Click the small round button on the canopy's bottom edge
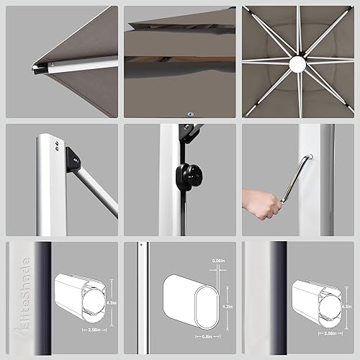click(190, 112)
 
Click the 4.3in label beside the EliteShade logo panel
click(107, 305)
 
